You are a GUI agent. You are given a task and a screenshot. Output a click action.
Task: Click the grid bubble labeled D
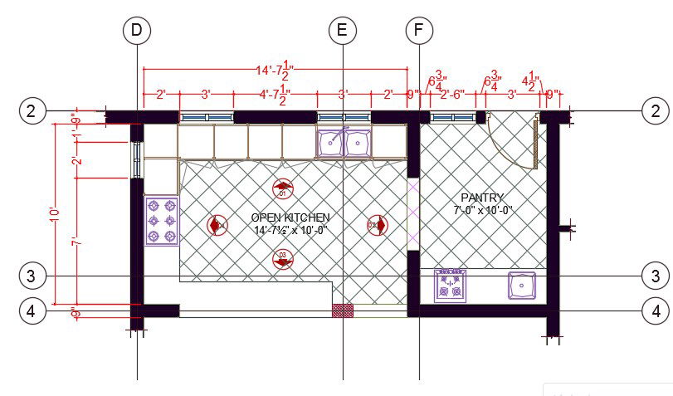[x=137, y=31]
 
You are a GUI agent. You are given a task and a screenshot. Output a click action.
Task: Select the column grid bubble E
[x=342, y=31]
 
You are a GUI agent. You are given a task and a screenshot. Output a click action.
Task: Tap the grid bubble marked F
[x=419, y=31]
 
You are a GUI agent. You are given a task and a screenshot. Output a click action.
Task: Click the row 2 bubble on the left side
[x=31, y=110]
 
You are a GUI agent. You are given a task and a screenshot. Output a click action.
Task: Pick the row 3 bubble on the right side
[x=656, y=276]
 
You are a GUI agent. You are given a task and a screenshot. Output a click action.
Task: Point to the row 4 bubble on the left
[x=31, y=311]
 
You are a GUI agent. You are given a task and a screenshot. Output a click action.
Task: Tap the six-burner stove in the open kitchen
[x=161, y=221]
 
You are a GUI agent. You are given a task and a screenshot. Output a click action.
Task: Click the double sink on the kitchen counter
[x=344, y=142]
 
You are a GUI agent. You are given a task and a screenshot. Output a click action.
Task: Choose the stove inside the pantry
[x=450, y=285]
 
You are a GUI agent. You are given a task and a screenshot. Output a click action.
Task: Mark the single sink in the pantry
[x=521, y=286]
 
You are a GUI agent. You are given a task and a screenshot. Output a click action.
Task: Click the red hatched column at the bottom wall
[x=342, y=310]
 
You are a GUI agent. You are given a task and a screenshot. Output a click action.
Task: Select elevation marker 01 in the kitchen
[x=282, y=188]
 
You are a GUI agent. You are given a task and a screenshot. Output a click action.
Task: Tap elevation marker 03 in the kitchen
[x=282, y=260]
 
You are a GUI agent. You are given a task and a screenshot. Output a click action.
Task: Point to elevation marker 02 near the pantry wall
[x=376, y=224]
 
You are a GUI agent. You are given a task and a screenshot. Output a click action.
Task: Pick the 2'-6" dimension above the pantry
[x=451, y=94]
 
